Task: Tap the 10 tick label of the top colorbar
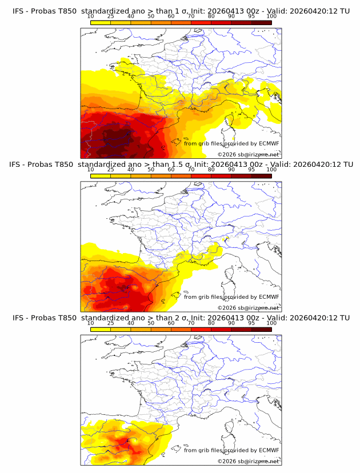click(91, 17)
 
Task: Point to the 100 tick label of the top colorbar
click(271, 17)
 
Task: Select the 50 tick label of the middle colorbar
click(151, 170)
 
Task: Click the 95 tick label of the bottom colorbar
click(251, 323)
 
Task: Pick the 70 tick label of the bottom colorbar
click(191, 323)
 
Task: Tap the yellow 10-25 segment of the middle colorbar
click(101, 175)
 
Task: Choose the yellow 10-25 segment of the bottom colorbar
click(101, 329)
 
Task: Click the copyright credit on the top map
click(248, 154)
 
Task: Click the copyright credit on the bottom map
click(248, 461)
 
